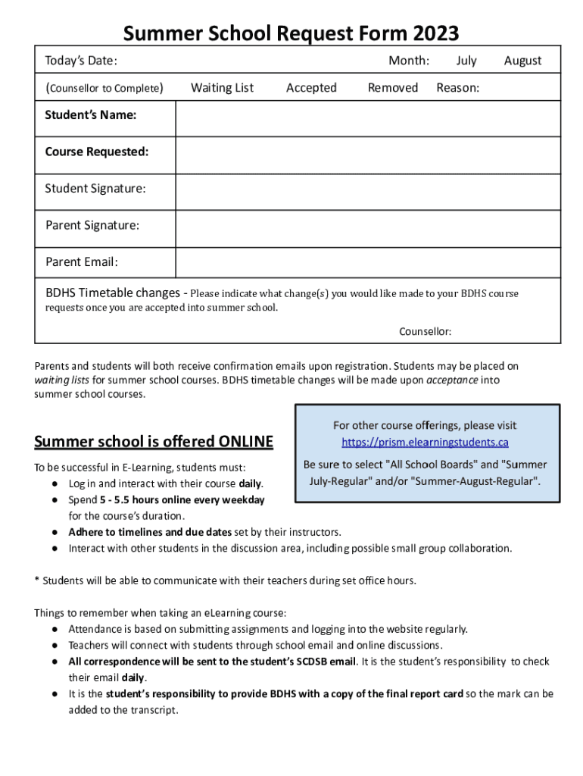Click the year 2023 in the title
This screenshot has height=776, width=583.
[435, 33]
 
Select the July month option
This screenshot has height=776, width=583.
[466, 61]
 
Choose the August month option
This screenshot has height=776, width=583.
[522, 61]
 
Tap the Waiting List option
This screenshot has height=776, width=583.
[222, 88]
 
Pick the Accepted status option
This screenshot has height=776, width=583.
[311, 88]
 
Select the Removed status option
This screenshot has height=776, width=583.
[392, 88]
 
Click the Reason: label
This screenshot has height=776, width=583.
[457, 88]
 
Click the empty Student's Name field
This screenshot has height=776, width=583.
[368, 118]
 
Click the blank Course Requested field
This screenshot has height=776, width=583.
[368, 155]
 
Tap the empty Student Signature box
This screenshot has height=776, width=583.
[368, 192]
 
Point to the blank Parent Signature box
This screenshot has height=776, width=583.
[368, 228]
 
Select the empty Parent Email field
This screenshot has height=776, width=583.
[368, 264]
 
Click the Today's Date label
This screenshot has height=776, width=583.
[81, 61]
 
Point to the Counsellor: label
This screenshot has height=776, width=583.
[425, 331]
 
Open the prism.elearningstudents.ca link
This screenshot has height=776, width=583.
[425, 443]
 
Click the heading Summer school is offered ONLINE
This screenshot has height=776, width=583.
[154, 442]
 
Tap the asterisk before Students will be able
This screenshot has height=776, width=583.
[37, 581]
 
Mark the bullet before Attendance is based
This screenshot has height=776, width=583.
[56, 629]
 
